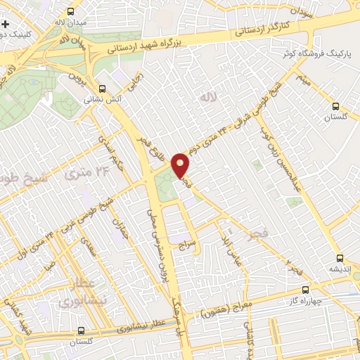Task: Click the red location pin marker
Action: point(181,165)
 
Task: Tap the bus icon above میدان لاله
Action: point(70,11)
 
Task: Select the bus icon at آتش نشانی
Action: point(103,89)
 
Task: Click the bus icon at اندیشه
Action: point(341,258)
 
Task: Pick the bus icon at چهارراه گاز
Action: point(305,289)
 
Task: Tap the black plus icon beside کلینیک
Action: point(5,25)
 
